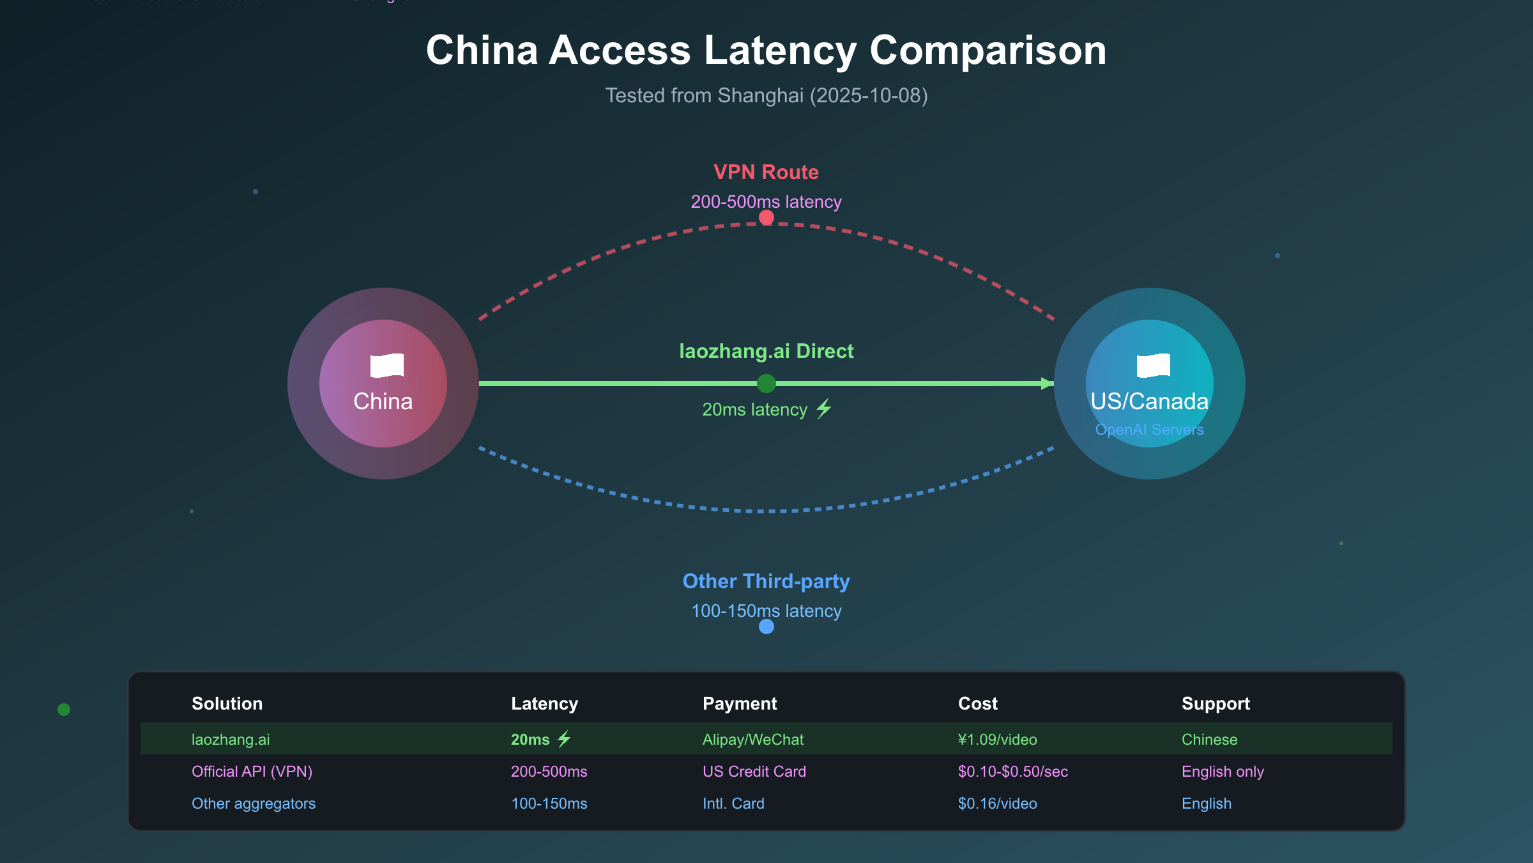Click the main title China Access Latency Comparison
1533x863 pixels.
766,51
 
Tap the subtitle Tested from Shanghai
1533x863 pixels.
766,96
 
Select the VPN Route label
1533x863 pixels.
766,172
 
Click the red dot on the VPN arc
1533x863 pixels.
766,218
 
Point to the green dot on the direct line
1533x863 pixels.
766,384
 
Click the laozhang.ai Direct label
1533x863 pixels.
766,351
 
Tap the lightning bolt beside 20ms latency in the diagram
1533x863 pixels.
824,408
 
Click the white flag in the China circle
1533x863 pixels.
387,366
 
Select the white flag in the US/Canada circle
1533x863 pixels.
1154,366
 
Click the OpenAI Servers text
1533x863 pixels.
1149,430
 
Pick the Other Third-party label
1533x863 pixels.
766,581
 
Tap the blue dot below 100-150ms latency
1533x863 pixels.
766,626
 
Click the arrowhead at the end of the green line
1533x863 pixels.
1047,384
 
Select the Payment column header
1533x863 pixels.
740,703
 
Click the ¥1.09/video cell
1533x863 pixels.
997,740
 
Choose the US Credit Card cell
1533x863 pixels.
754,772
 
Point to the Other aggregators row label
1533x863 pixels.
254,804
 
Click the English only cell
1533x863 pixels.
1223,772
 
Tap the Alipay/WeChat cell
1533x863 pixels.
753,740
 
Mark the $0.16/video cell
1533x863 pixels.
997,804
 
